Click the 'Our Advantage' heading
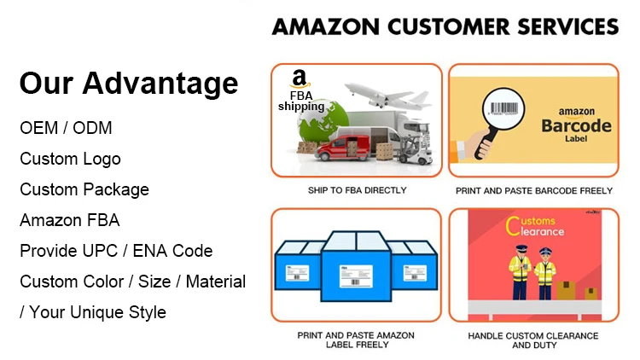click(x=129, y=84)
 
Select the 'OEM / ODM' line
click(x=66, y=129)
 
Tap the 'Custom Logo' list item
click(x=70, y=160)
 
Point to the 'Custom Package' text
click(x=84, y=189)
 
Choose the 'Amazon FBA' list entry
click(x=70, y=220)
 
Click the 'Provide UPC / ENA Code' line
click(x=116, y=251)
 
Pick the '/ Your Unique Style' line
click(x=93, y=312)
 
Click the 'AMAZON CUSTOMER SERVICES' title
click(x=445, y=26)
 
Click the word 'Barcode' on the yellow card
click(x=577, y=126)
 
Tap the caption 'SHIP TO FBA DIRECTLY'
click(x=357, y=190)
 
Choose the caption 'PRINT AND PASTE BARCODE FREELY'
click(x=534, y=190)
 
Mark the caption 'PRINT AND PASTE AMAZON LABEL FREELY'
click(x=357, y=340)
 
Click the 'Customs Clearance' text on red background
click(x=533, y=227)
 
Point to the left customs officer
click(x=517, y=272)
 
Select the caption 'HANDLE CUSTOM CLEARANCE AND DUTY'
click(x=533, y=340)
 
